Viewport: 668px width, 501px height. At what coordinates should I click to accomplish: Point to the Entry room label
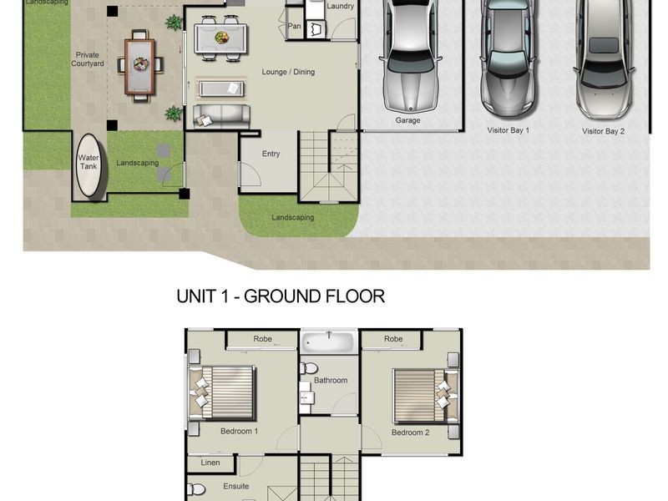tap(271, 154)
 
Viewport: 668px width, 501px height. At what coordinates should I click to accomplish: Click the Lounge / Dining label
tap(288, 73)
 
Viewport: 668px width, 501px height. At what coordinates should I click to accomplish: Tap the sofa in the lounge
tap(220, 116)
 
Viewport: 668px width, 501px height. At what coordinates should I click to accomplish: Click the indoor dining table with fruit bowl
tap(220, 38)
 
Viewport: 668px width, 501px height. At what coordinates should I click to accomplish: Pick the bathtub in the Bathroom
tap(329, 342)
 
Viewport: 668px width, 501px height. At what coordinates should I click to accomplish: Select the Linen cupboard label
tap(210, 463)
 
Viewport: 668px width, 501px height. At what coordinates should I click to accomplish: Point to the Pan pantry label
tap(294, 26)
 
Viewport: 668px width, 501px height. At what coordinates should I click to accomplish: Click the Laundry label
tap(341, 7)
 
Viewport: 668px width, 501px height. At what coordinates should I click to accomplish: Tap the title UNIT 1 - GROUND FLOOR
tap(281, 296)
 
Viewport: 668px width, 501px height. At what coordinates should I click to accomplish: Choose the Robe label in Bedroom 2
tap(393, 340)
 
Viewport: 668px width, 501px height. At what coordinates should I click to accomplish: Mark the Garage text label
tap(407, 120)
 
